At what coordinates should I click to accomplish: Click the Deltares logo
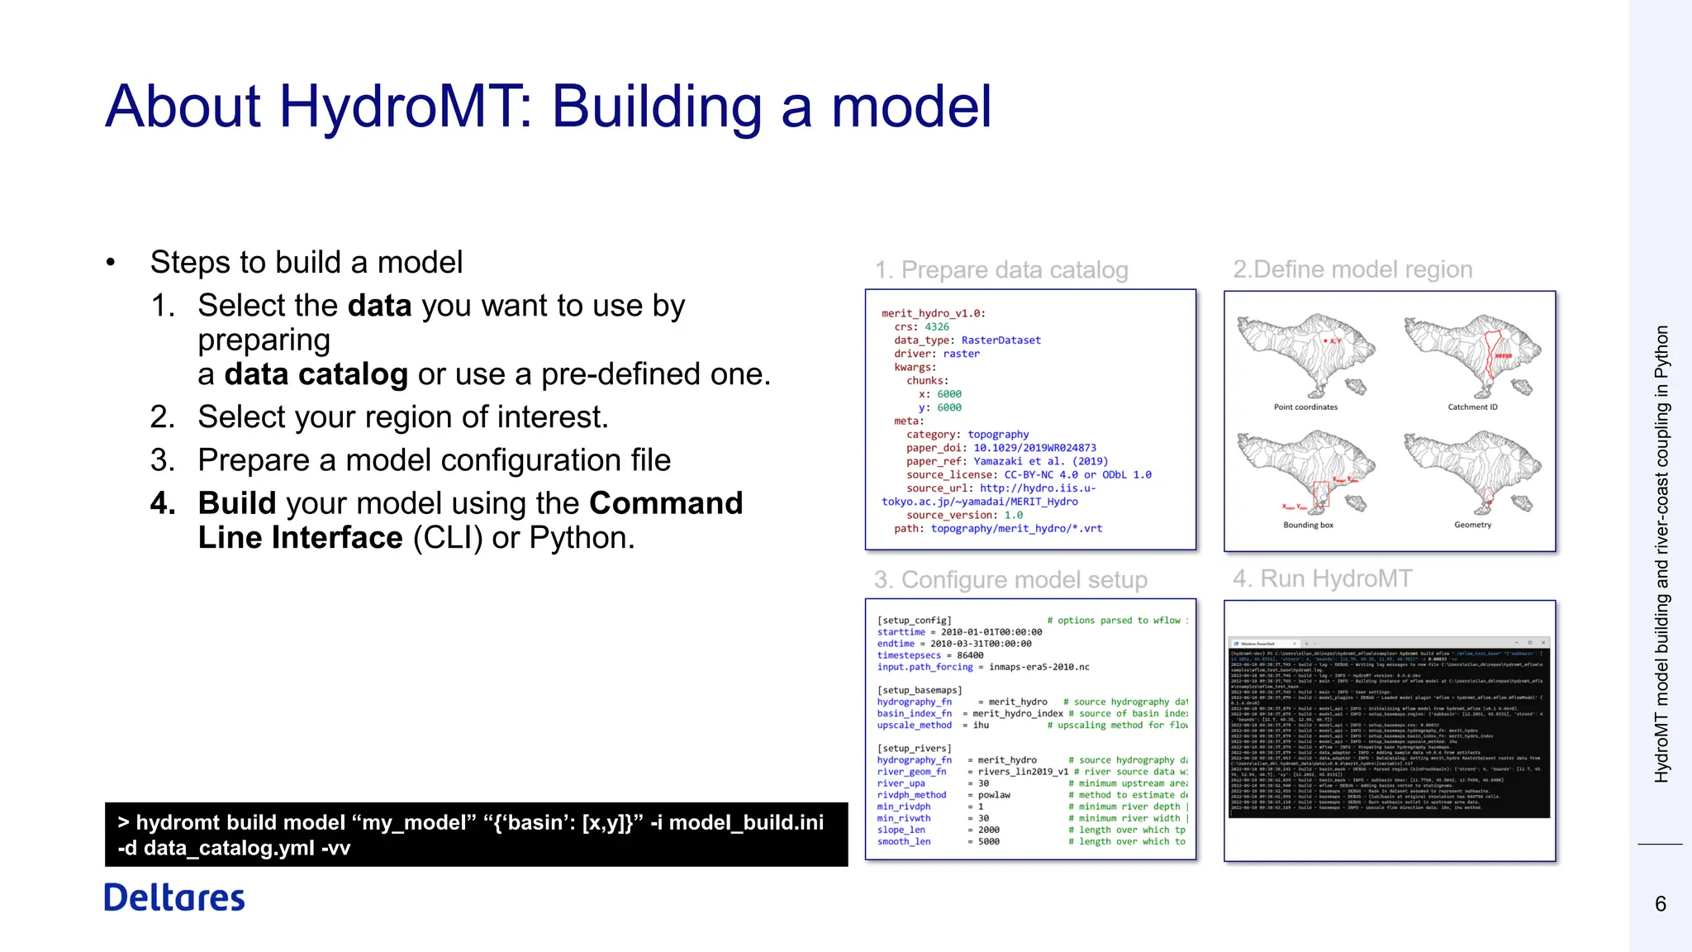[174, 897]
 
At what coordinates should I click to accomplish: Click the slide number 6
[1660, 904]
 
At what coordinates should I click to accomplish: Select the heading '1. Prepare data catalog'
[1001, 270]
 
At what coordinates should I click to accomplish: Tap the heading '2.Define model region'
[1352, 269]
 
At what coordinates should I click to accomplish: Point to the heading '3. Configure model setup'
[1010, 580]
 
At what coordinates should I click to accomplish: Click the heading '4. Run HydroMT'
[1322, 578]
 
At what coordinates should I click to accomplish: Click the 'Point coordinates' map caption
[1305, 407]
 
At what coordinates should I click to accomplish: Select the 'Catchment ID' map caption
[1472, 407]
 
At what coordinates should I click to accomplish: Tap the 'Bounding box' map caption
[1308, 526]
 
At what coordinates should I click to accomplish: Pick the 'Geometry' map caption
[1472, 526]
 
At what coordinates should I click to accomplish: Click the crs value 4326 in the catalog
[937, 327]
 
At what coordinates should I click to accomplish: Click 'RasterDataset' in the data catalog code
[1000, 340]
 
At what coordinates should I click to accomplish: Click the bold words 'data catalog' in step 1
[316, 374]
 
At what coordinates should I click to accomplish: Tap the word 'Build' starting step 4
[237, 503]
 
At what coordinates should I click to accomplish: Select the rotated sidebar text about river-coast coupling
[1661, 554]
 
